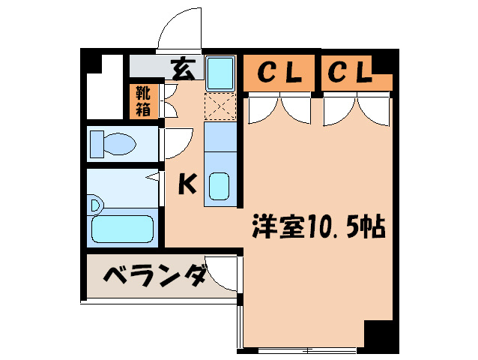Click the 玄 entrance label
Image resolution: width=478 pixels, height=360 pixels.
click(183, 70)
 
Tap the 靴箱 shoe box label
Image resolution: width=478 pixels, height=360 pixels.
click(143, 101)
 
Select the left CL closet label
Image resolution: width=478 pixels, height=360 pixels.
click(279, 73)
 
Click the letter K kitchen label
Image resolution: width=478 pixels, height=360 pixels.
click(187, 184)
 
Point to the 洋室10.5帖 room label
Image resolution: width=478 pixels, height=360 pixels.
click(319, 227)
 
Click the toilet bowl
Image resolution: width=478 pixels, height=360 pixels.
click(120, 144)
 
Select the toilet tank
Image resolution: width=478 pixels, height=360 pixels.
click(97, 144)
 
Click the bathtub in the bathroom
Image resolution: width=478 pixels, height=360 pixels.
click(122, 229)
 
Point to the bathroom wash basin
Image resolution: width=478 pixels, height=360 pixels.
click(95, 205)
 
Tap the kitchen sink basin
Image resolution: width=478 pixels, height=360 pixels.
click(220, 187)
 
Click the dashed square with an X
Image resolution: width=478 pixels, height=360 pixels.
click(220, 106)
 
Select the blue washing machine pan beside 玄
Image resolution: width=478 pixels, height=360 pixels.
click(220, 73)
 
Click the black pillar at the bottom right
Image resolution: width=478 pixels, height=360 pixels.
click(381, 337)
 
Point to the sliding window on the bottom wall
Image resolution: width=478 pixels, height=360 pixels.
click(307, 350)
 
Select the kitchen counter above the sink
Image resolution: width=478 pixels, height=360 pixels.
click(220, 136)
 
